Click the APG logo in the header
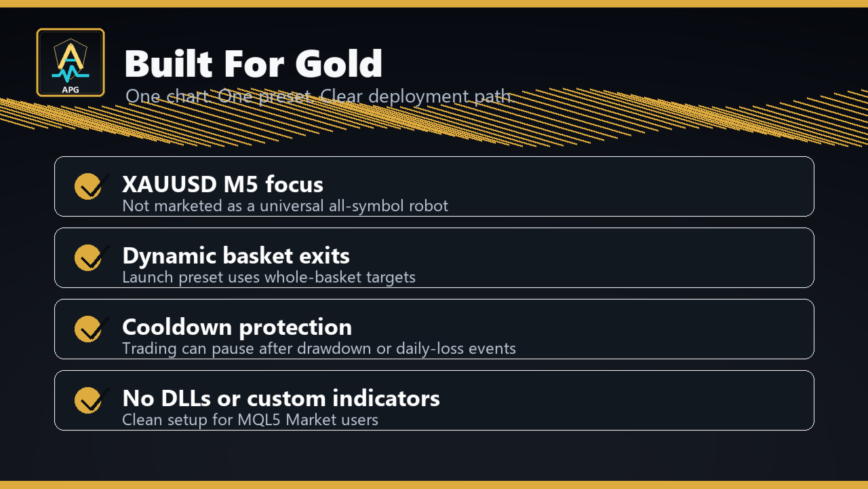(x=71, y=62)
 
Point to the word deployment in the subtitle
(x=418, y=96)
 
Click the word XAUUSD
(x=170, y=184)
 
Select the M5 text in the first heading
(x=241, y=184)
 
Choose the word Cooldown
(x=177, y=327)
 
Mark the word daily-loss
(x=430, y=348)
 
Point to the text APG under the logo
(x=71, y=90)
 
